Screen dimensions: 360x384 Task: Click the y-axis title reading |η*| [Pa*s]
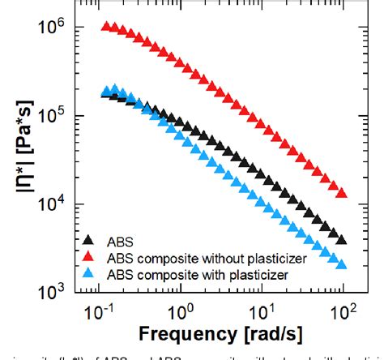(x=18, y=154)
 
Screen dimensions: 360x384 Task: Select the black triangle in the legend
(x=89, y=239)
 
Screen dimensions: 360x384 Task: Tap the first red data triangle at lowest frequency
(x=105, y=27)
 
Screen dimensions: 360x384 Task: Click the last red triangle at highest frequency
(x=341, y=193)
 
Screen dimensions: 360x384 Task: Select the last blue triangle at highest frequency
(x=341, y=264)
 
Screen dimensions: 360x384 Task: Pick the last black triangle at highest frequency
(x=341, y=240)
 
